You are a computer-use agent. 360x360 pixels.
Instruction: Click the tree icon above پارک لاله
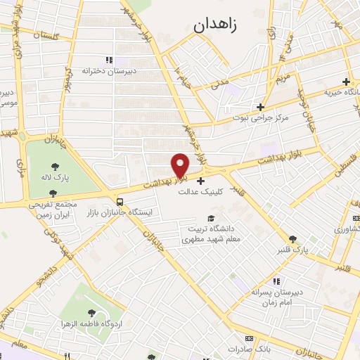[x=55, y=167]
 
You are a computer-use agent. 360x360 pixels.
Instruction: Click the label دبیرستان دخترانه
[x=108, y=71]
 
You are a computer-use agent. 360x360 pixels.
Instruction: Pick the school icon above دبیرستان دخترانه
[x=108, y=60]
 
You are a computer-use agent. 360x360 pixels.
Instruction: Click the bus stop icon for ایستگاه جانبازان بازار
[x=112, y=199]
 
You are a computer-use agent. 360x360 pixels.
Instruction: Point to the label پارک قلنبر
[x=292, y=250]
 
